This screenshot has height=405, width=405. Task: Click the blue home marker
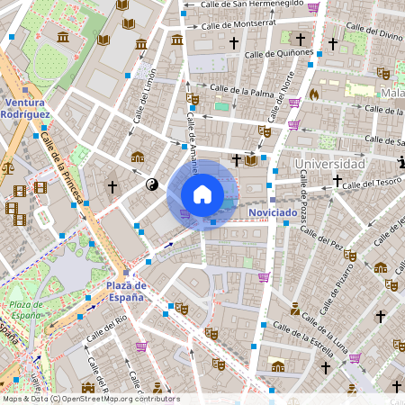pos(202,194)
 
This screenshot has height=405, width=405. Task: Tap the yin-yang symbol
pos(151,184)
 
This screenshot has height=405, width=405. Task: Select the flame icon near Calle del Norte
pos(314,94)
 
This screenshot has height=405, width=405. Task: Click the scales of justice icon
pos(8,166)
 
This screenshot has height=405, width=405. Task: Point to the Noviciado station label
pos(273,211)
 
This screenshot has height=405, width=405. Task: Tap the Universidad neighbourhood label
pos(328,165)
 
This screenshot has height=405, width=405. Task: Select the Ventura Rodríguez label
pos(30,109)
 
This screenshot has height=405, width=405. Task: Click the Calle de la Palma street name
pos(241,90)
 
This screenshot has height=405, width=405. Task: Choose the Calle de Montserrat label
pos(237,24)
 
